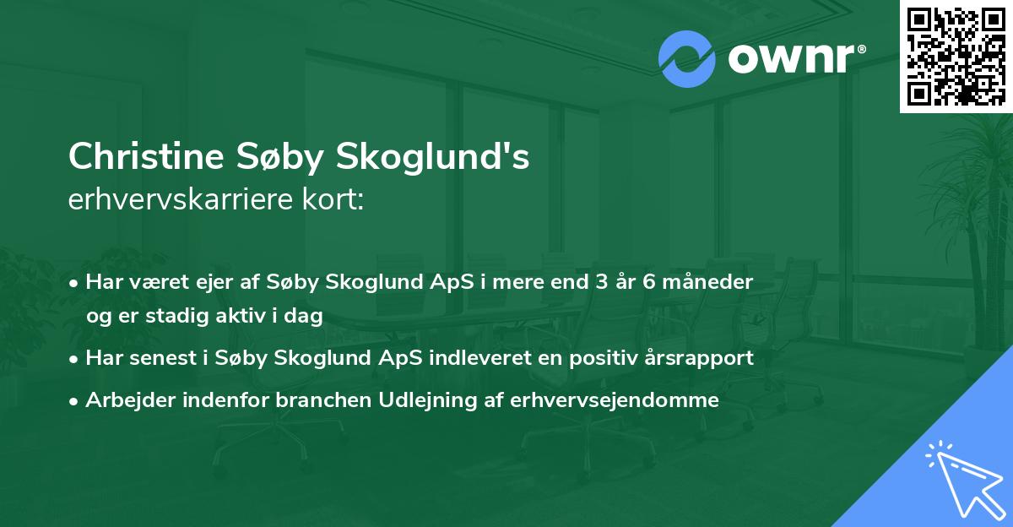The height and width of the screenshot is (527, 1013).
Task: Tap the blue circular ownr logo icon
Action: tap(687, 59)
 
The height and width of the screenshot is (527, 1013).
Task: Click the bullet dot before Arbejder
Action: tap(76, 400)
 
